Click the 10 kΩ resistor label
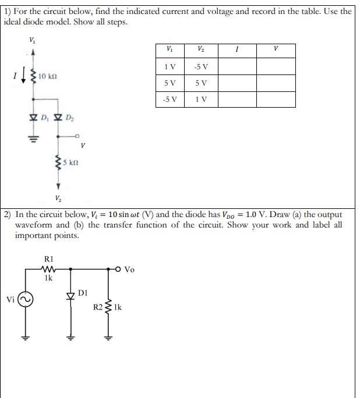47,76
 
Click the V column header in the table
277,49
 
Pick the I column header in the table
238,49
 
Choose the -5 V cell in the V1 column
170,99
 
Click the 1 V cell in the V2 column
202,99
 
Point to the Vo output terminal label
130,269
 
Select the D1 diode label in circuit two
83,291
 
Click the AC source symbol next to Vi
26,301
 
